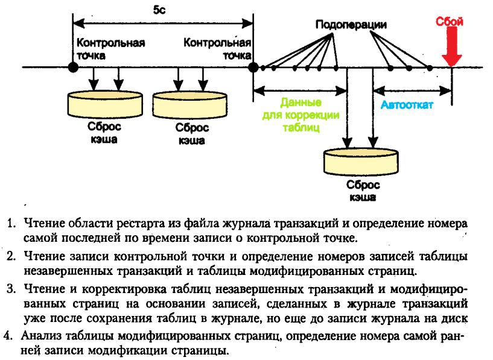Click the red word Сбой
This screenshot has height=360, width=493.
449,21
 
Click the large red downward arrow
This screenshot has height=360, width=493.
451,46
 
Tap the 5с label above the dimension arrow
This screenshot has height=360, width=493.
159,10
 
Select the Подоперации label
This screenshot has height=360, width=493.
351,25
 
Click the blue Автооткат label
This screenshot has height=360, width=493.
407,104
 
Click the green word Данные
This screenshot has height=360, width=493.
301,103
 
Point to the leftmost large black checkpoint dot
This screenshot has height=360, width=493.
73,67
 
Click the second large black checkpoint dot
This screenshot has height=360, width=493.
253,67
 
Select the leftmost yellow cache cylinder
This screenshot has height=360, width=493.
105,104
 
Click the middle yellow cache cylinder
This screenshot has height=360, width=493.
190,104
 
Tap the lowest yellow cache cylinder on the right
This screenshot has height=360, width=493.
361,162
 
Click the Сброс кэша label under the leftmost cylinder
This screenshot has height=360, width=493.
104,133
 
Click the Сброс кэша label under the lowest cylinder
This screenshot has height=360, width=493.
363,191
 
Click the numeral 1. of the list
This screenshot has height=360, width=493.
11,224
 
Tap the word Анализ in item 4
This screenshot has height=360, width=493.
41,336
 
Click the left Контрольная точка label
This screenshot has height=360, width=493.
110,49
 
